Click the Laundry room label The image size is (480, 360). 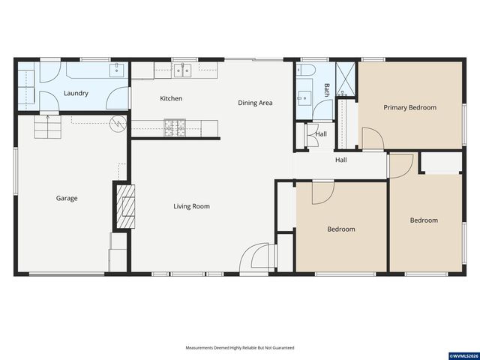click(x=76, y=94)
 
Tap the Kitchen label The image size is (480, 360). click(x=171, y=98)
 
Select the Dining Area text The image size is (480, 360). click(x=255, y=103)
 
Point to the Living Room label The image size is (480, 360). click(x=192, y=206)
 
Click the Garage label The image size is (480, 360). click(x=66, y=199)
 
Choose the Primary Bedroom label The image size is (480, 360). click(x=409, y=107)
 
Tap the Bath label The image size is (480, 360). click(x=326, y=90)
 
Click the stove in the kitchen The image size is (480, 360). click(x=175, y=128)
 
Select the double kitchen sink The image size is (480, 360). click(x=182, y=70)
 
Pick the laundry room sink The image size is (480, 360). click(x=116, y=70)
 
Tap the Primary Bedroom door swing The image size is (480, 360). click(x=372, y=139)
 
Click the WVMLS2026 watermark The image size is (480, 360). click(x=463, y=355)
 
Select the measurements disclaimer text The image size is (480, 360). click(x=240, y=348)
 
